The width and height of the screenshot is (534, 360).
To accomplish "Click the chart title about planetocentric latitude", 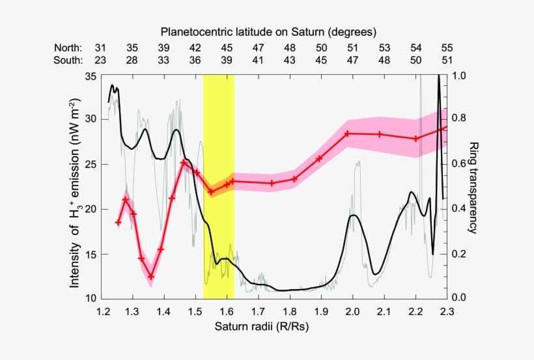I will [x=269, y=31].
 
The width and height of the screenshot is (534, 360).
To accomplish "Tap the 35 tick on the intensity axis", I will [x=91, y=76].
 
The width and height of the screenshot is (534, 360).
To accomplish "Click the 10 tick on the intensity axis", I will [x=91, y=298].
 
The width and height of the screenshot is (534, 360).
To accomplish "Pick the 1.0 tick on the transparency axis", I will [x=460, y=76].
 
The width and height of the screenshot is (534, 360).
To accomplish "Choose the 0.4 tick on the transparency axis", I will [x=460, y=209].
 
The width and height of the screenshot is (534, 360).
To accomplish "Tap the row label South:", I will [x=68, y=61].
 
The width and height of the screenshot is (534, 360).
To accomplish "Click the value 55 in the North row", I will [x=447, y=48].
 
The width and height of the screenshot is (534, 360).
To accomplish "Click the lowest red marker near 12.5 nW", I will [x=151, y=277].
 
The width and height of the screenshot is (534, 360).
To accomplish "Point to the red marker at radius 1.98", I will [x=347, y=133].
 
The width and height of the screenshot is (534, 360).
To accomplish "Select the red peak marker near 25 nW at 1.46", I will [x=184, y=162].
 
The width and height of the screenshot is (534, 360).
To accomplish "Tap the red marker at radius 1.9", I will [x=320, y=158].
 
